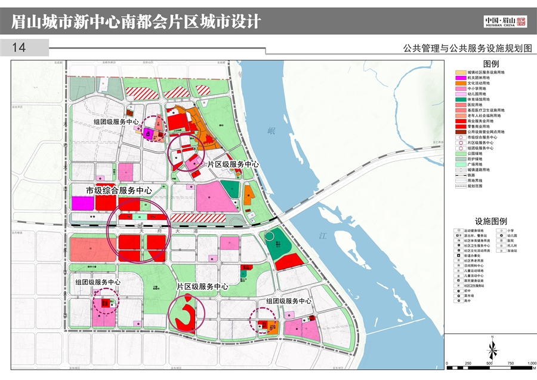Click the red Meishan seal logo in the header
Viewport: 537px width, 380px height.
[x=521, y=22]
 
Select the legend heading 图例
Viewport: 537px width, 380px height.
[x=490, y=64]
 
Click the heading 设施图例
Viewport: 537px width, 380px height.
[x=490, y=220]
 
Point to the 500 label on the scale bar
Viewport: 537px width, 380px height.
[x=489, y=363]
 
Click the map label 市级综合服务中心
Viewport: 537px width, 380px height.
[x=119, y=191]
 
